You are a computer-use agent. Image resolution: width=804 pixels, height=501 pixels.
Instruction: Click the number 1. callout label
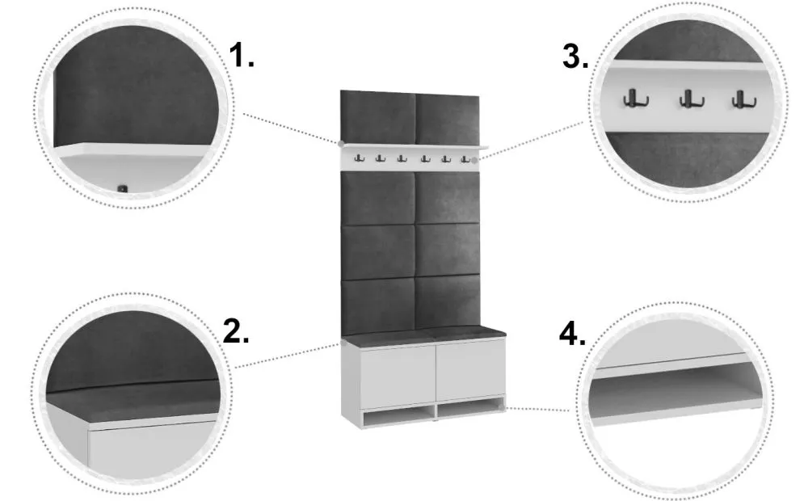241,55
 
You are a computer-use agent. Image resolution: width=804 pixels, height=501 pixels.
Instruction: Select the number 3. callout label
575,56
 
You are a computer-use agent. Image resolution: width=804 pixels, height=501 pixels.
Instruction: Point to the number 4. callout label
572,335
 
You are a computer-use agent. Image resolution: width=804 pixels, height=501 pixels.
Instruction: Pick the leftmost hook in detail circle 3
635,98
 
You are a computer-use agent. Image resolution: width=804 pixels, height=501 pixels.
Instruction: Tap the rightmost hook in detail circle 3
743,99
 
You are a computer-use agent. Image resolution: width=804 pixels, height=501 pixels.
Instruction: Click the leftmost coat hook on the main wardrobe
360,158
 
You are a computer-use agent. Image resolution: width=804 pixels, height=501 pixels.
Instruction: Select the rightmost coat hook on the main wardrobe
465,159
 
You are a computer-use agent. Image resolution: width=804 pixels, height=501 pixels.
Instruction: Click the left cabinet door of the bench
398,377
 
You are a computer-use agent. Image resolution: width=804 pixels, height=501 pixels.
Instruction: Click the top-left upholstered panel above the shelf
378,117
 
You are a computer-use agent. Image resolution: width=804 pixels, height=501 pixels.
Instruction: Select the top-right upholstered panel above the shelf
447,120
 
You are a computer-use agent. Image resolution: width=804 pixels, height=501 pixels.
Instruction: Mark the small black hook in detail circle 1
122,189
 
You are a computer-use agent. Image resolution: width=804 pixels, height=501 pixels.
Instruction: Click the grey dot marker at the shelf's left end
340,144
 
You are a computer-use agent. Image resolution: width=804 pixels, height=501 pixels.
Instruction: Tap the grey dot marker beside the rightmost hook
474,161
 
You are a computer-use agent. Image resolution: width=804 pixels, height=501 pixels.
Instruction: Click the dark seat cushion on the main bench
424,335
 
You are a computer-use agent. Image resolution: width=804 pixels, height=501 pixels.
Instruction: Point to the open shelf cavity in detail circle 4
674,385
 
